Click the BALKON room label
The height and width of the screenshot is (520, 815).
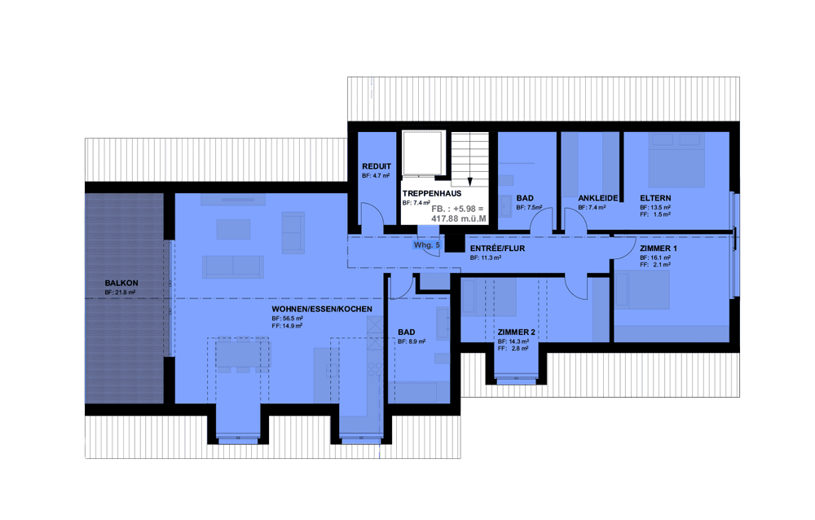[121, 284]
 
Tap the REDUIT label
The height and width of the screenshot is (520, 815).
[377, 167]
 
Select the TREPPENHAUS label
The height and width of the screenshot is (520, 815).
[431, 193]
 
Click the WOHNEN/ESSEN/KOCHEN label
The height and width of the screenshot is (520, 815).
[322, 309]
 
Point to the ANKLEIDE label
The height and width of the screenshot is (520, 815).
[597, 198]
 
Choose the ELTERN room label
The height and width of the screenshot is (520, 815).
[655, 198]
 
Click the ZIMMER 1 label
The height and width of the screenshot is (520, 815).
[658, 249]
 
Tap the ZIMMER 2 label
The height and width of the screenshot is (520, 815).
[516, 333]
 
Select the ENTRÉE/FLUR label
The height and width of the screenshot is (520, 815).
[497, 249]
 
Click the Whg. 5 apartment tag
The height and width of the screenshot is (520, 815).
[427, 245]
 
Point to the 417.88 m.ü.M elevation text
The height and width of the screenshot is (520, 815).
[458, 219]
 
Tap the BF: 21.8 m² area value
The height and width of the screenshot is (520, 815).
[120, 293]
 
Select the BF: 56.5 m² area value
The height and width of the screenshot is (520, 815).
[287, 318]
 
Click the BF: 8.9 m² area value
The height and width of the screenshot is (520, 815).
[411, 342]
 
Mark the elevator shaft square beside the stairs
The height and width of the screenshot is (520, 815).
[422, 153]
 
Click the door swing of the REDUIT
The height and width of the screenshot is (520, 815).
[373, 214]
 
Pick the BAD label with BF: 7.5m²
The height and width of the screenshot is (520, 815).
[524, 198]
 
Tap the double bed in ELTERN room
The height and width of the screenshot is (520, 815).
[676, 161]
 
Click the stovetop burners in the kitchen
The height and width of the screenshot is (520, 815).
[375, 370]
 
